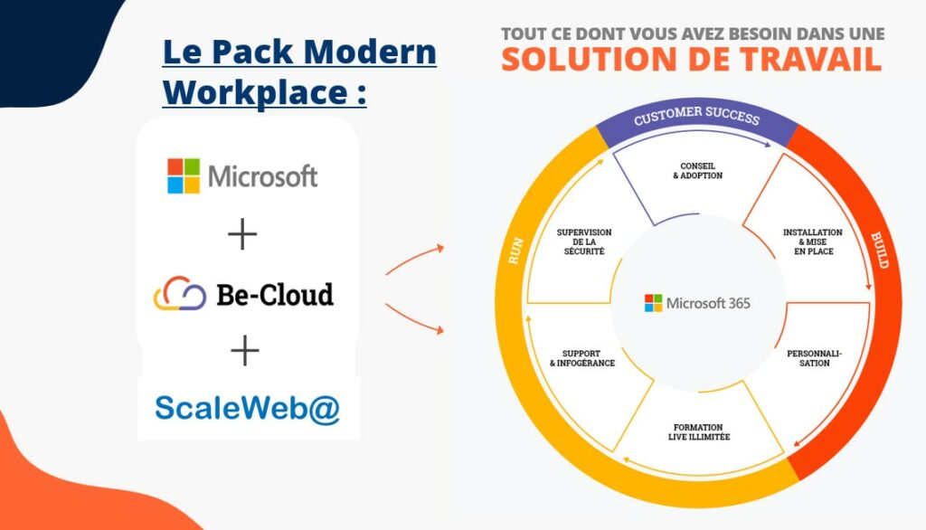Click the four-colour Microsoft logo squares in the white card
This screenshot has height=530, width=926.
coord(184,175)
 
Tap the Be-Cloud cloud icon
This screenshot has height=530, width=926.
coord(180,294)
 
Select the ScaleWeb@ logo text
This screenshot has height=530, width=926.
coord(248,408)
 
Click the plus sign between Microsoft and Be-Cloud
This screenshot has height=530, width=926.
coord(242,234)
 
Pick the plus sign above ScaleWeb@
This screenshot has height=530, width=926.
coord(244,351)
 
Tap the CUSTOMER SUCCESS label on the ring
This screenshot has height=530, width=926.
coord(697,115)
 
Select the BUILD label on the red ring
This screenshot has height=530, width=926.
coord(879,251)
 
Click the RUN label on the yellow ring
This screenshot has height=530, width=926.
coord(515,251)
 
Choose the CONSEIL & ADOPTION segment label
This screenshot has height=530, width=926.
coord(697,171)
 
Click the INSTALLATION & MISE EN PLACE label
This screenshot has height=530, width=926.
coord(813,241)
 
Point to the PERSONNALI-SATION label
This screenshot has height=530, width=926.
coord(815,358)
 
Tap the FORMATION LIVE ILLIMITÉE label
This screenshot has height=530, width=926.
coord(699,432)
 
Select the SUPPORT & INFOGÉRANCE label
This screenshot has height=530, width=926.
coord(582,358)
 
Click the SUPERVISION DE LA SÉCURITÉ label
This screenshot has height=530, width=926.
coord(584,241)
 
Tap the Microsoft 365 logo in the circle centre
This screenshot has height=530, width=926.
coord(697,303)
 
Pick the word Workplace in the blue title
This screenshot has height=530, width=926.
coord(255,93)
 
